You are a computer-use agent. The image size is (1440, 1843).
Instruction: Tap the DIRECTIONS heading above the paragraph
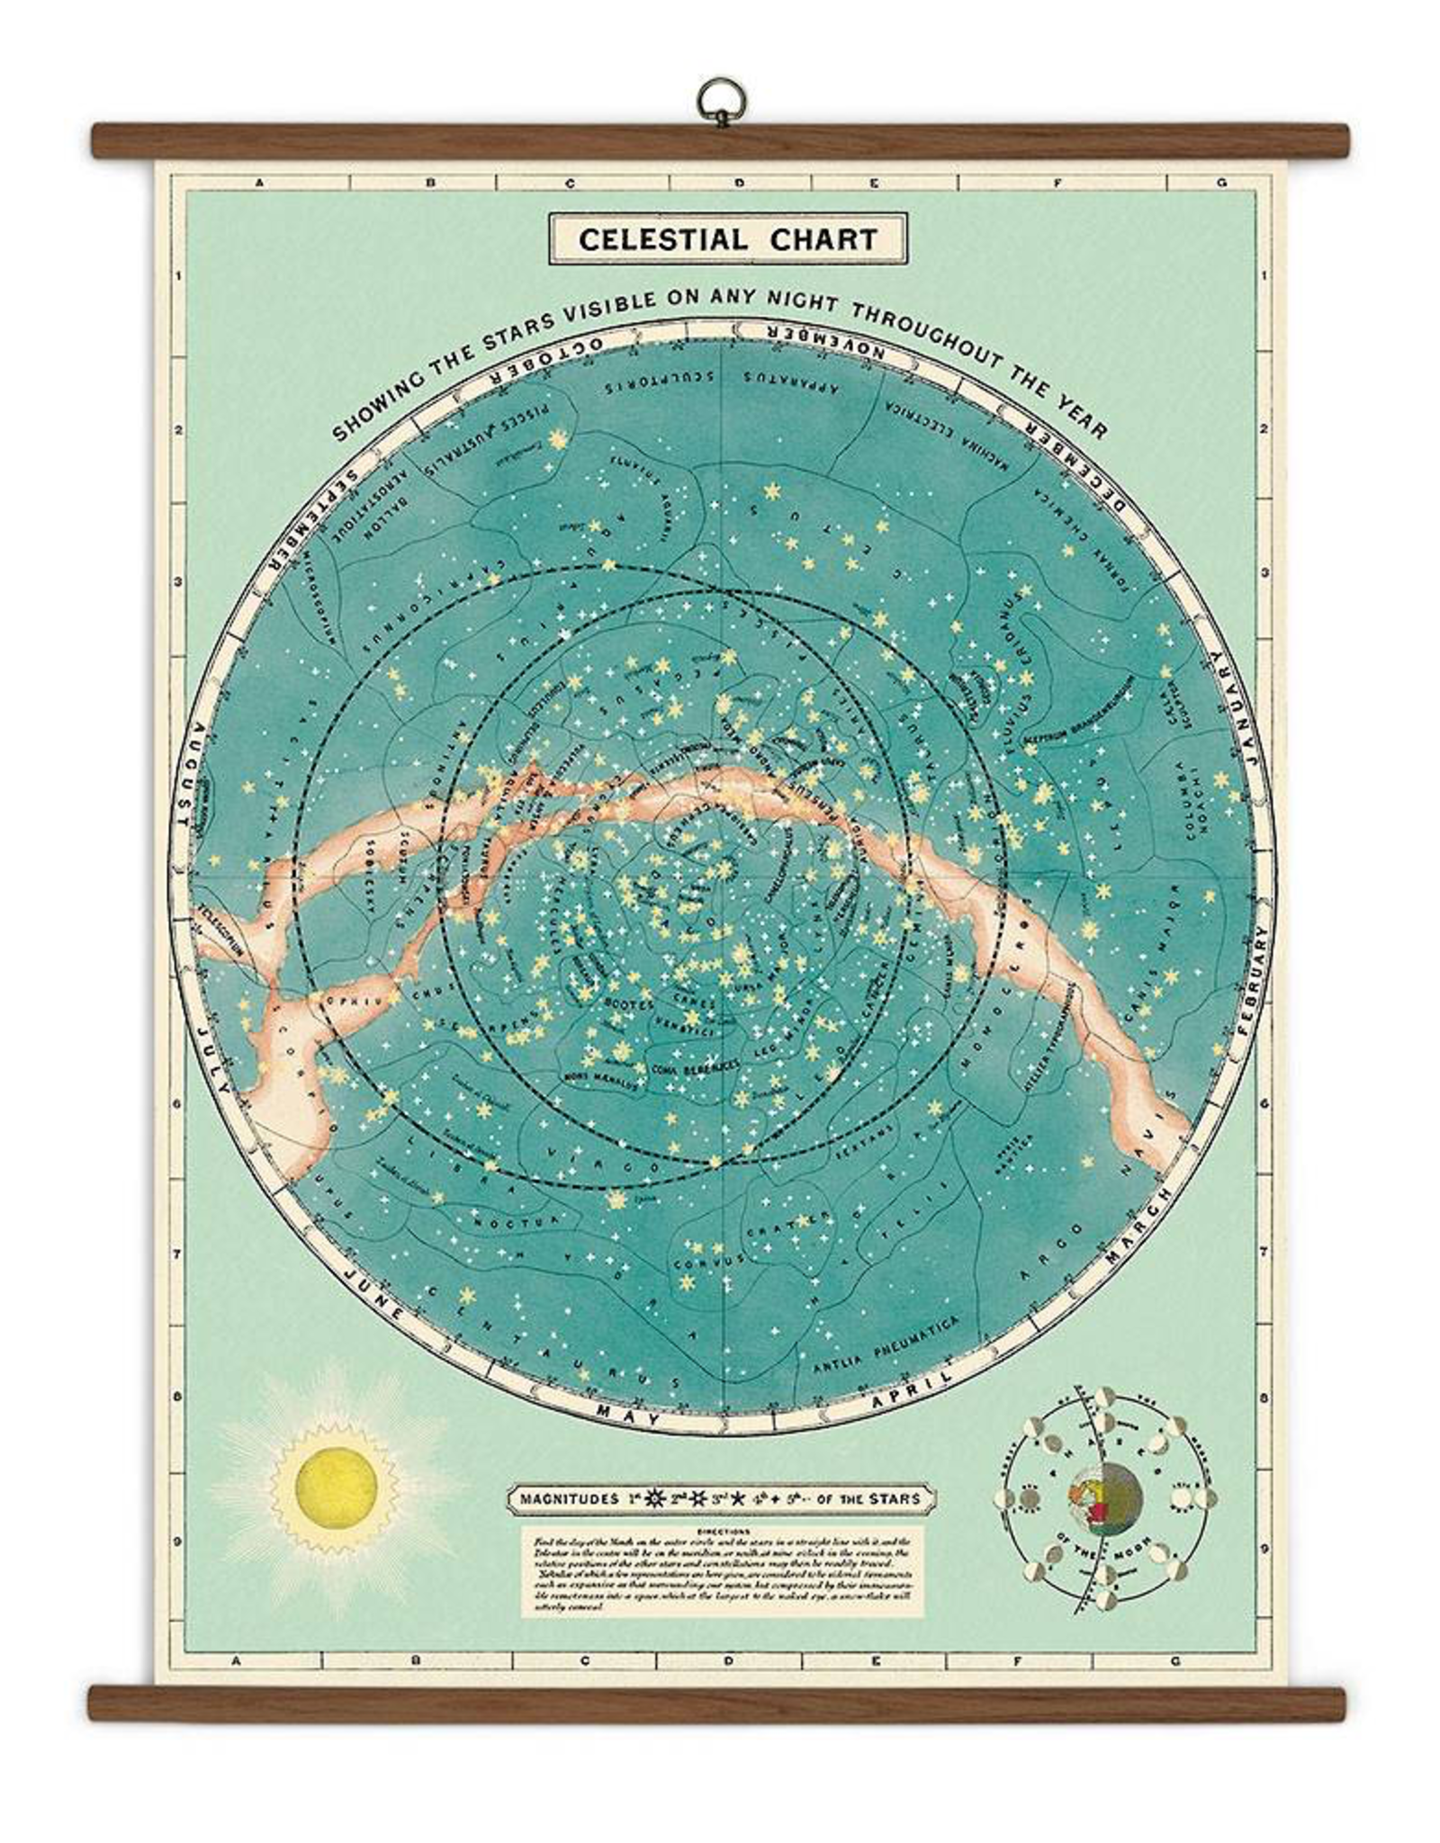point(727,1530)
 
